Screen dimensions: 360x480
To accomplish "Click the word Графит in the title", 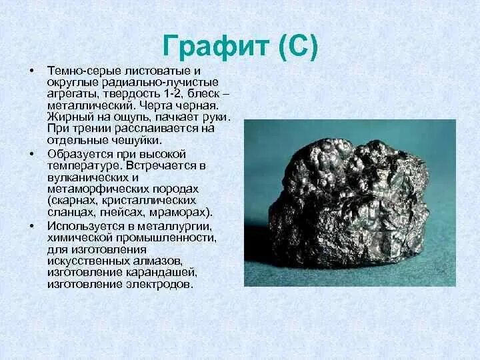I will coord(215,47).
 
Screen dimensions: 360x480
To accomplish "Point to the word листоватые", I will coord(151,71).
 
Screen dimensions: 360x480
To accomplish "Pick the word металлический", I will coord(82,106).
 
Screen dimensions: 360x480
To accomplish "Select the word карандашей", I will coord(167,272).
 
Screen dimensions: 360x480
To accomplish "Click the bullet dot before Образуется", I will coord(31,153).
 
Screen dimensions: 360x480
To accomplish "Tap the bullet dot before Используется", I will coord(31,226).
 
